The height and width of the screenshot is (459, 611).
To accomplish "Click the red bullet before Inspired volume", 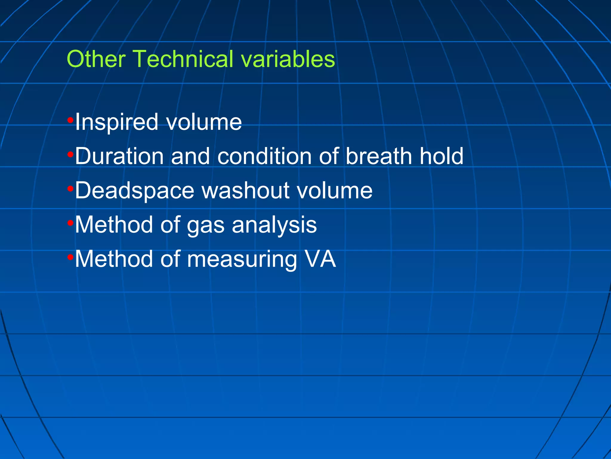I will [x=70, y=120].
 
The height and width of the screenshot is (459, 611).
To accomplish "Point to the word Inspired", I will [x=116, y=122].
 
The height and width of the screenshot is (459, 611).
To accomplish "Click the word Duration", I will [x=119, y=156].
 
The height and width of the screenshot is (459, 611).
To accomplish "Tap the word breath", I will [x=379, y=156].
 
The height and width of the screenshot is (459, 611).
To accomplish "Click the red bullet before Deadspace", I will [x=70, y=189].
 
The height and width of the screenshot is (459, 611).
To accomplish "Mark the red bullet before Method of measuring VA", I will [x=70, y=257].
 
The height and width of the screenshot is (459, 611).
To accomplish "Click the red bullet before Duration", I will [x=70, y=154].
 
